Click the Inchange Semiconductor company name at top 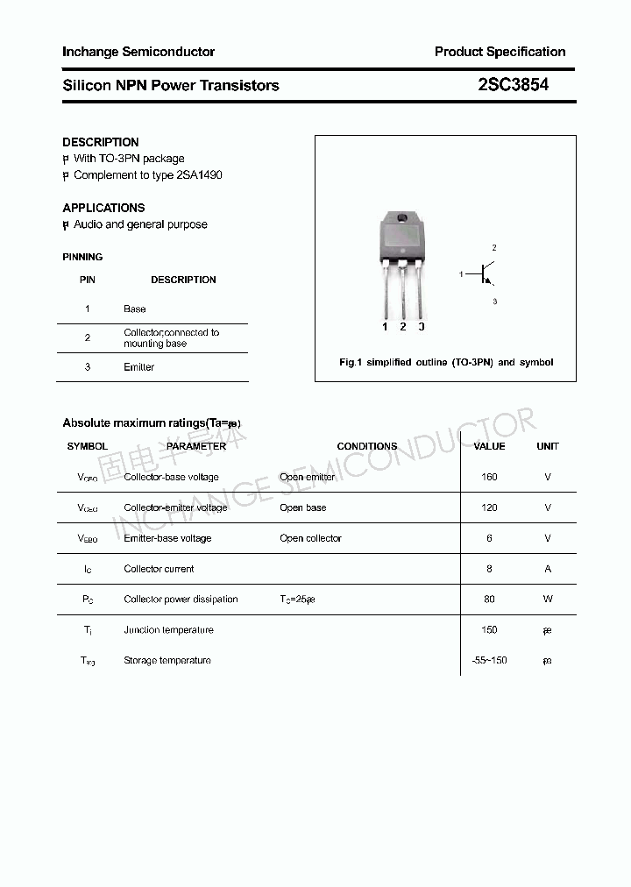point(138,52)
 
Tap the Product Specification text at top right point(500,52)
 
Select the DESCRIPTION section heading point(101,142)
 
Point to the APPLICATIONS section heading point(103,208)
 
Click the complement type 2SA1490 point(199,175)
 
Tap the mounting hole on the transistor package point(401,219)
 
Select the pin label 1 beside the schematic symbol point(461,275)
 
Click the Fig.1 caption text point(446,362)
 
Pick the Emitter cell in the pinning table point(138,367)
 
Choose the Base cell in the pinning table point(135,309)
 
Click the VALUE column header point(489,446)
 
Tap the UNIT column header point(548,446)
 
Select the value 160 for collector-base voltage point(489,477)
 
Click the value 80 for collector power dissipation point(489,600)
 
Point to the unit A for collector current point(548,569)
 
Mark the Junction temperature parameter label point(168,630)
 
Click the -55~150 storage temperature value point(489,661)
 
